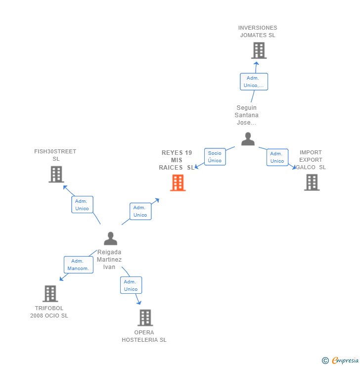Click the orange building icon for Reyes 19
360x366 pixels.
(x=178, y=183)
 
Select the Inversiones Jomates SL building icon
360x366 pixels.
(x=259, y=50)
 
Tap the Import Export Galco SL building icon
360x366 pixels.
(x=312, y=182)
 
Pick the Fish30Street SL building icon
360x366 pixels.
(x=56, y=174)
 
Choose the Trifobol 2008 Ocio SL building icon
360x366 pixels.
(x=50, y=293)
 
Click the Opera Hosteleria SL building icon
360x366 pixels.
(x=145, y=318)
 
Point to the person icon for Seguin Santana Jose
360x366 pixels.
(x=248, y=139)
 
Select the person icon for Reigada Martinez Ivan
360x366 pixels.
(x=111, y=238)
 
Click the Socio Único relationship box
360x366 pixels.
(x=215, y=157)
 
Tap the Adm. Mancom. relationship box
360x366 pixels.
(x=78, y=265)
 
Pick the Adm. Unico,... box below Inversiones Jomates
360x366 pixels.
(x=254, y=82)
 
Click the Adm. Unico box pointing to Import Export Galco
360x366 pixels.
(x=277, y=157)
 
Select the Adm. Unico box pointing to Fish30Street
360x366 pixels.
(x=82, y=205)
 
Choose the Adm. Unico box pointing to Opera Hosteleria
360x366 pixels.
(x=131, y=285)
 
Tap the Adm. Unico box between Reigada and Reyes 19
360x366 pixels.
(x=140, y=211)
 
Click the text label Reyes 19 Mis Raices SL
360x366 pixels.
(x=177, y=160)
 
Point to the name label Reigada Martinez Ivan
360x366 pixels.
(x=109, y=259)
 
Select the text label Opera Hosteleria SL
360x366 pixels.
(x=144, y=336)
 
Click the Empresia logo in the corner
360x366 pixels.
(x=340, y=361)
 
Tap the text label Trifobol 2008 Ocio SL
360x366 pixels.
(x=49, y=312)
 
